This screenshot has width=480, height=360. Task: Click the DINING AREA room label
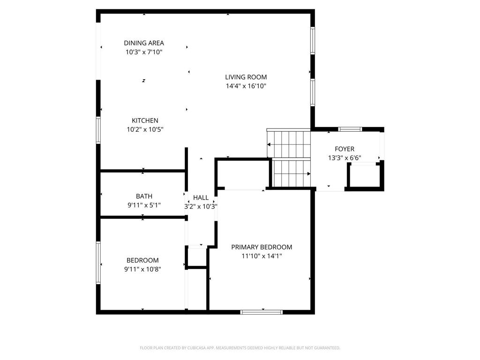tap(144, 43)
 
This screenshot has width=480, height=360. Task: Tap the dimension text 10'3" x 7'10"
tap(144, 52)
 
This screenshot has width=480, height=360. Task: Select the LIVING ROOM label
tap(246, 77)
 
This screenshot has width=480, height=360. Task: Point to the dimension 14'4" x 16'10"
tap(246, 86)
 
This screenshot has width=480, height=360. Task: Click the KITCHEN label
tap(144, 120)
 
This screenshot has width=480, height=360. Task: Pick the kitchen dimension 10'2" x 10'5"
tap(144, 129)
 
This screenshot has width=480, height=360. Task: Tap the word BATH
tap(144, 196)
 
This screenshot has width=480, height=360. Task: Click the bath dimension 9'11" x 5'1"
tap(144, 205)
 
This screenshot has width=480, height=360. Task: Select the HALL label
tap(201, 198)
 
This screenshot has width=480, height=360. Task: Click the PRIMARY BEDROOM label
tap(262, 247)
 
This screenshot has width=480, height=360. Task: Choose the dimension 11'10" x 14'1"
tap(262, 256)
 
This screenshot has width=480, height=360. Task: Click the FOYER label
tap(345, 149)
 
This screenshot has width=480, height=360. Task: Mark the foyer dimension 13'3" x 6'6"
tap(345, 158)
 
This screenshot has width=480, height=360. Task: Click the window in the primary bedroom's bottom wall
tap(262, 312)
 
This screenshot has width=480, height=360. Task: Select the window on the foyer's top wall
tap(350, 129)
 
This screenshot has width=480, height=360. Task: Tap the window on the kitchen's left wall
tap(98, 129)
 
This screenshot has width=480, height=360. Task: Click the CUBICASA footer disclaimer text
tap(240, 348)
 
